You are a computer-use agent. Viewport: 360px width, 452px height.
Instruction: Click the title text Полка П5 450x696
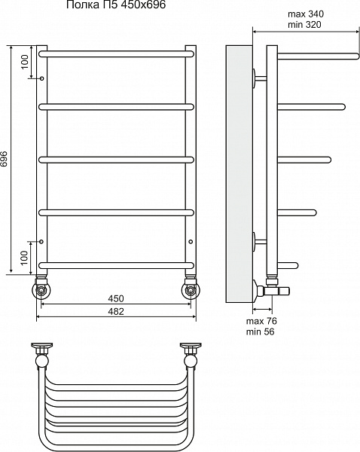(116, 5)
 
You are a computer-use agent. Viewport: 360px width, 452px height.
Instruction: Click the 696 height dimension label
(4, 158)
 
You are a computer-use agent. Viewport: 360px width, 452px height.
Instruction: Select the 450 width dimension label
(116, 298)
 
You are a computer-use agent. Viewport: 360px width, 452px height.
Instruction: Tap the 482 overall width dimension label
(116, 311)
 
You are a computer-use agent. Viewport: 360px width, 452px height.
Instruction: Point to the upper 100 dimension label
(25, 62)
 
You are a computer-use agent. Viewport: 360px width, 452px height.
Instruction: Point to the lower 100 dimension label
(25, 258)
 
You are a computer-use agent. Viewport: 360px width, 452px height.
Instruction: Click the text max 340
(306, 14)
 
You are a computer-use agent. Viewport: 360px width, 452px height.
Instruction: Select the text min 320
(304, 25)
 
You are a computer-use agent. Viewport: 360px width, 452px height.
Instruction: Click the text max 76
(261, 321)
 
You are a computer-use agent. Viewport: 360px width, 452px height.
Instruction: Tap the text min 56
(261, 331)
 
